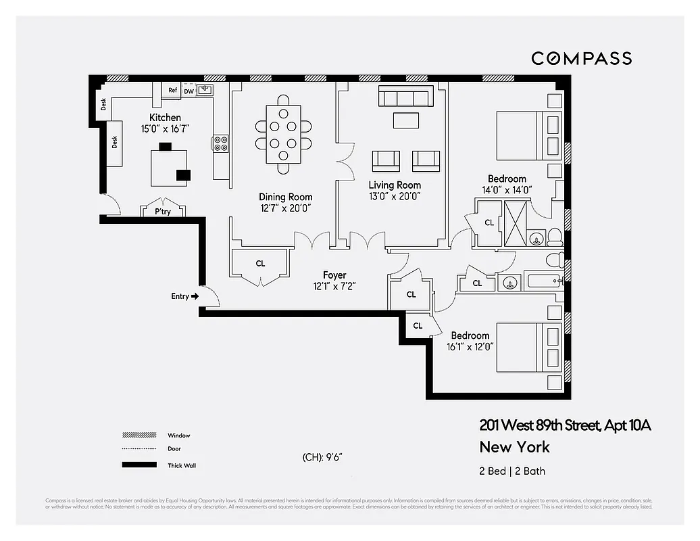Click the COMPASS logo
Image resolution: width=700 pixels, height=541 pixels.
pos(581,58)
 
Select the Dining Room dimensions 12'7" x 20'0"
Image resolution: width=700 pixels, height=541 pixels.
pos(285,209)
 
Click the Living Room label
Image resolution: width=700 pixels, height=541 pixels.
pos(395,185)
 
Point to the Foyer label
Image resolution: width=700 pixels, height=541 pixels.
pos(334,275)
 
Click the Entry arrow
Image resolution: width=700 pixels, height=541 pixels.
pos(195,296)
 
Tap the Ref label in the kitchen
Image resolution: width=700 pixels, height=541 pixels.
pos(172,91)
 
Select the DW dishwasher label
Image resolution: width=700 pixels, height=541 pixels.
pos(189,91)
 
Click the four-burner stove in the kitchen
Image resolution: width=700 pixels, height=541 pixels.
pos(221,143)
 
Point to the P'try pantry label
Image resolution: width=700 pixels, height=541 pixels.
pos(162,212)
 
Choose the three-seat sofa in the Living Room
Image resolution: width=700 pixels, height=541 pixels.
pos(405,97)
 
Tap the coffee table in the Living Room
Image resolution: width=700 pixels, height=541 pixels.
pos(405,120)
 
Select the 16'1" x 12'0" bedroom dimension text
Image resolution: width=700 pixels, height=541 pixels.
pos(470,346)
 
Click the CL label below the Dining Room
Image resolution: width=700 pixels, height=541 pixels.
pos(260,264)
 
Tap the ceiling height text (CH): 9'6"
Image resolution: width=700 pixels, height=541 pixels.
pos(322,457)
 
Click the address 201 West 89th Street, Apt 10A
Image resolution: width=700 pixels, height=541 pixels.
pos(565,425)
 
